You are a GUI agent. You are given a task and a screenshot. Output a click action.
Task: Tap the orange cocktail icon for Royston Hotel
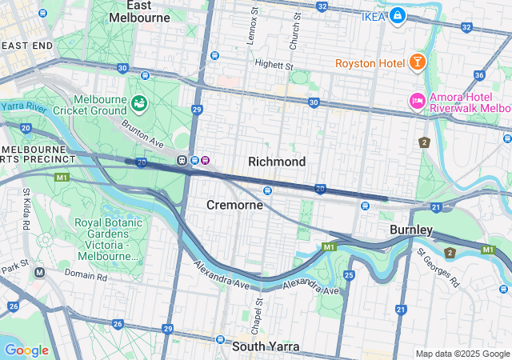[417, 62]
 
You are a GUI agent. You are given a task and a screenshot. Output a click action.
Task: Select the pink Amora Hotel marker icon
[417, 101]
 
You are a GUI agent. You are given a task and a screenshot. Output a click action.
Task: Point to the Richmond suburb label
[277, 162]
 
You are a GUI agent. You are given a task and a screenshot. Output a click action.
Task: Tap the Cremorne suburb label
[234, 205]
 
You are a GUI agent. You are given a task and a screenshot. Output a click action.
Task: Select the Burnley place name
[411, 230]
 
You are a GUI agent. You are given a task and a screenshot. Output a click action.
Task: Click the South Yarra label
[266, 346]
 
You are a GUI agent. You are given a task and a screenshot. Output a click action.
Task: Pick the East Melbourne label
[139, 10]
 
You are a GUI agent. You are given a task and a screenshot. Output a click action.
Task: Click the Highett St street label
[274, 63]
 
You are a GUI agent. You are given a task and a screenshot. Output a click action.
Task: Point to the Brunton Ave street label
[142, 132]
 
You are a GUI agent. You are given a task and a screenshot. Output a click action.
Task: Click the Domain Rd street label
[85, 275]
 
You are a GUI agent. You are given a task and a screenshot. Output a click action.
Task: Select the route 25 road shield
[349, 275]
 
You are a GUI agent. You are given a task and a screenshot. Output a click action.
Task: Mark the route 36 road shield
[479, 75]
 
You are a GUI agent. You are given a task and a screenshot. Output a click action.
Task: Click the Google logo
[26, 350]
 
